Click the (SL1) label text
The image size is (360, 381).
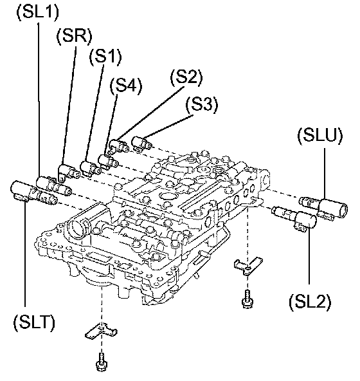(38, 12)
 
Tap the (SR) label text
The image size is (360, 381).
(75, 37)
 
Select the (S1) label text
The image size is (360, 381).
(105, 57)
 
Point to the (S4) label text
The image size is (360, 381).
(126, 86)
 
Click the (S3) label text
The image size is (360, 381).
(202, 105)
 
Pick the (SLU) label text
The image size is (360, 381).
(320, 136)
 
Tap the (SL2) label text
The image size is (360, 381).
(310, 302)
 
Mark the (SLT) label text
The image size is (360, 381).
(34, 322)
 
